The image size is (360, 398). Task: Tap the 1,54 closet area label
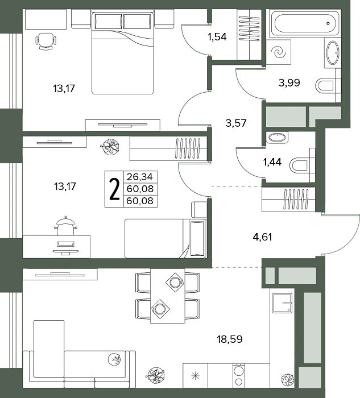click(x=217, y=37)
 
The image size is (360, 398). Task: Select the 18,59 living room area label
click(x=230, y=339)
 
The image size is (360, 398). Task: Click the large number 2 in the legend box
click(x=114, y=189)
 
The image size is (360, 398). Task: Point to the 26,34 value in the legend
click(x=140, y=177)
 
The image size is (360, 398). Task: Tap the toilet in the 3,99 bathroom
click(x=325, y=86)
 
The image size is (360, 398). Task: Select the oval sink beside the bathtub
click(x=333, y=53)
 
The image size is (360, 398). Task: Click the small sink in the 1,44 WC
click(x=277, y=138)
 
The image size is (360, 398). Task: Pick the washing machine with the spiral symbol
click(x=279, y=52)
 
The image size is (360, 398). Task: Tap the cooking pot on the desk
click(x=65, y=226)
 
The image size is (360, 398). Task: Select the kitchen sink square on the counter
click(x=282, y=303)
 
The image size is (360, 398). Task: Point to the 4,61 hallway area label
click(x=262, y=237)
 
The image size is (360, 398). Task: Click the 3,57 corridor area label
click(x=236, y=123)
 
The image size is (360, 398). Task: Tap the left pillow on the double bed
click(x=109, y=21)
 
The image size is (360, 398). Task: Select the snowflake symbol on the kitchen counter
click(x=195, y=376)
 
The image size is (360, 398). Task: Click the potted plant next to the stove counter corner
click(x=288, y=379)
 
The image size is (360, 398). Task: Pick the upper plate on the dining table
click(x=175, y=282)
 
